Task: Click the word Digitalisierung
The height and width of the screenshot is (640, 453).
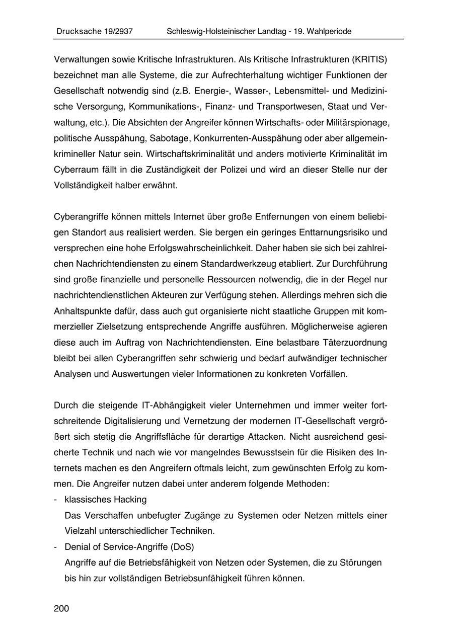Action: (127, 421)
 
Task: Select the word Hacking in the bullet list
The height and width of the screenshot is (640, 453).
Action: (130, 499)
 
